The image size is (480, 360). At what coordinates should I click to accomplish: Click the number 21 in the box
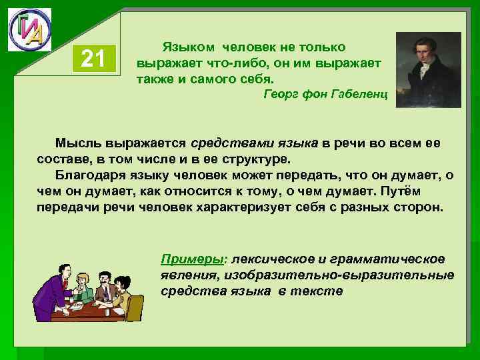tap(93, 59)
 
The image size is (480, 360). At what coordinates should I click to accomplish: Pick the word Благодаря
tap(89, 176)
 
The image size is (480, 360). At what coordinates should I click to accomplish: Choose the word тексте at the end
tap(319, 291)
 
